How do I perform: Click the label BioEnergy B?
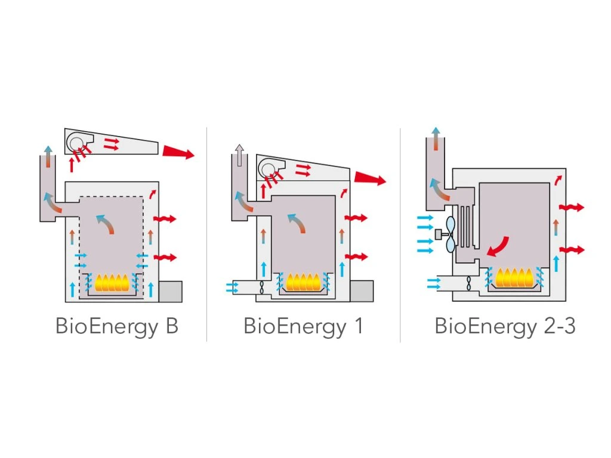tap(117, 327)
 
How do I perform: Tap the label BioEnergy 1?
tap(303, 327)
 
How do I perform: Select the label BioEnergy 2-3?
tap(505, 327)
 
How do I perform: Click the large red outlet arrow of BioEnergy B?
tap(178, 153)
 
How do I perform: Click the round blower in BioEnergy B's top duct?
tap(76, 141)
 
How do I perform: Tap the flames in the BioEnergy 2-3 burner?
tap(514, 277)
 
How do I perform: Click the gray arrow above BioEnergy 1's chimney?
tap(239, 154)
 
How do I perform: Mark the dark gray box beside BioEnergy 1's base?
tap(361, 290)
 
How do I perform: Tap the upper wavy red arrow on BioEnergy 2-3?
tap(571, 208)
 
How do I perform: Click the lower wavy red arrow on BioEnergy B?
tap(165, 257)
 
